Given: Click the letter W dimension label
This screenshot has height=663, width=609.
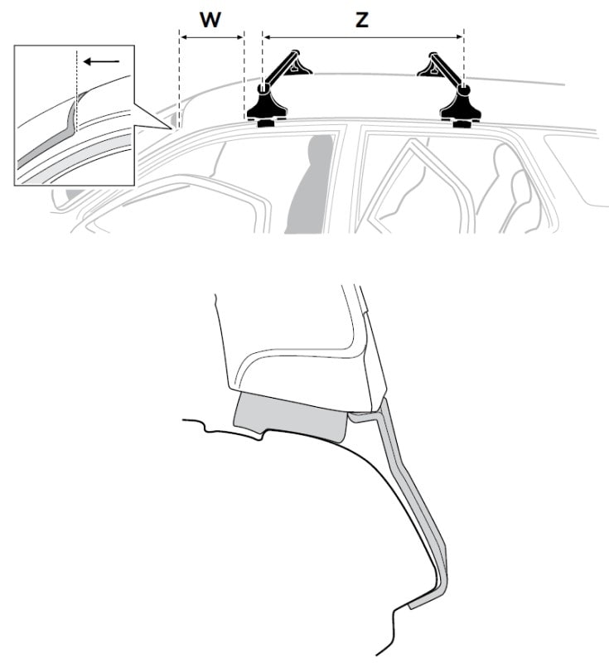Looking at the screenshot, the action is pyautogui.click(x=210, y=19).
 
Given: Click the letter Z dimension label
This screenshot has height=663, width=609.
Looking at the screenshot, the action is pyautogui.click(x=362, y=20).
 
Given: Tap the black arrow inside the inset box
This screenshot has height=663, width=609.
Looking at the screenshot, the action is pyautogui.click(x=101, y=61).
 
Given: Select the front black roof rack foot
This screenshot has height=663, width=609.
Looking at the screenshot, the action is pyautogui.click(x=268, y=104).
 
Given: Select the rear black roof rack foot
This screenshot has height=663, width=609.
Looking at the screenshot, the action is pyautogui.click(x=460, y=104).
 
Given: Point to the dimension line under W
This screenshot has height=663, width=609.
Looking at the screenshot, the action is pyautogui.click(x=212, y=37).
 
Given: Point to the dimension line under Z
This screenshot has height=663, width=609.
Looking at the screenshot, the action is pyautogui.click(x=363, y=37).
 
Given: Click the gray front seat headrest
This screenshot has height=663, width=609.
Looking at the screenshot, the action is pyautogui.click(x=311, y=185).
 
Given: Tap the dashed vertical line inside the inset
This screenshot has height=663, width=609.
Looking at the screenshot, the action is pyautogui.click(x=76, y=91).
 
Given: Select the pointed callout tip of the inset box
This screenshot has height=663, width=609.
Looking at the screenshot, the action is pyautogui.click(x=172, y=128).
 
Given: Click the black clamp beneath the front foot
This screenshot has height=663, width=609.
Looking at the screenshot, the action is pyautogui.click(x=266, y=123).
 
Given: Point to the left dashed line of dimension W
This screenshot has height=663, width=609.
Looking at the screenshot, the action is pyautogui.click(x=180, y=78).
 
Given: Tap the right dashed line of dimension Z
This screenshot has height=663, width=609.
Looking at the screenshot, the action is pyautogui.click(x=464, y=57).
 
